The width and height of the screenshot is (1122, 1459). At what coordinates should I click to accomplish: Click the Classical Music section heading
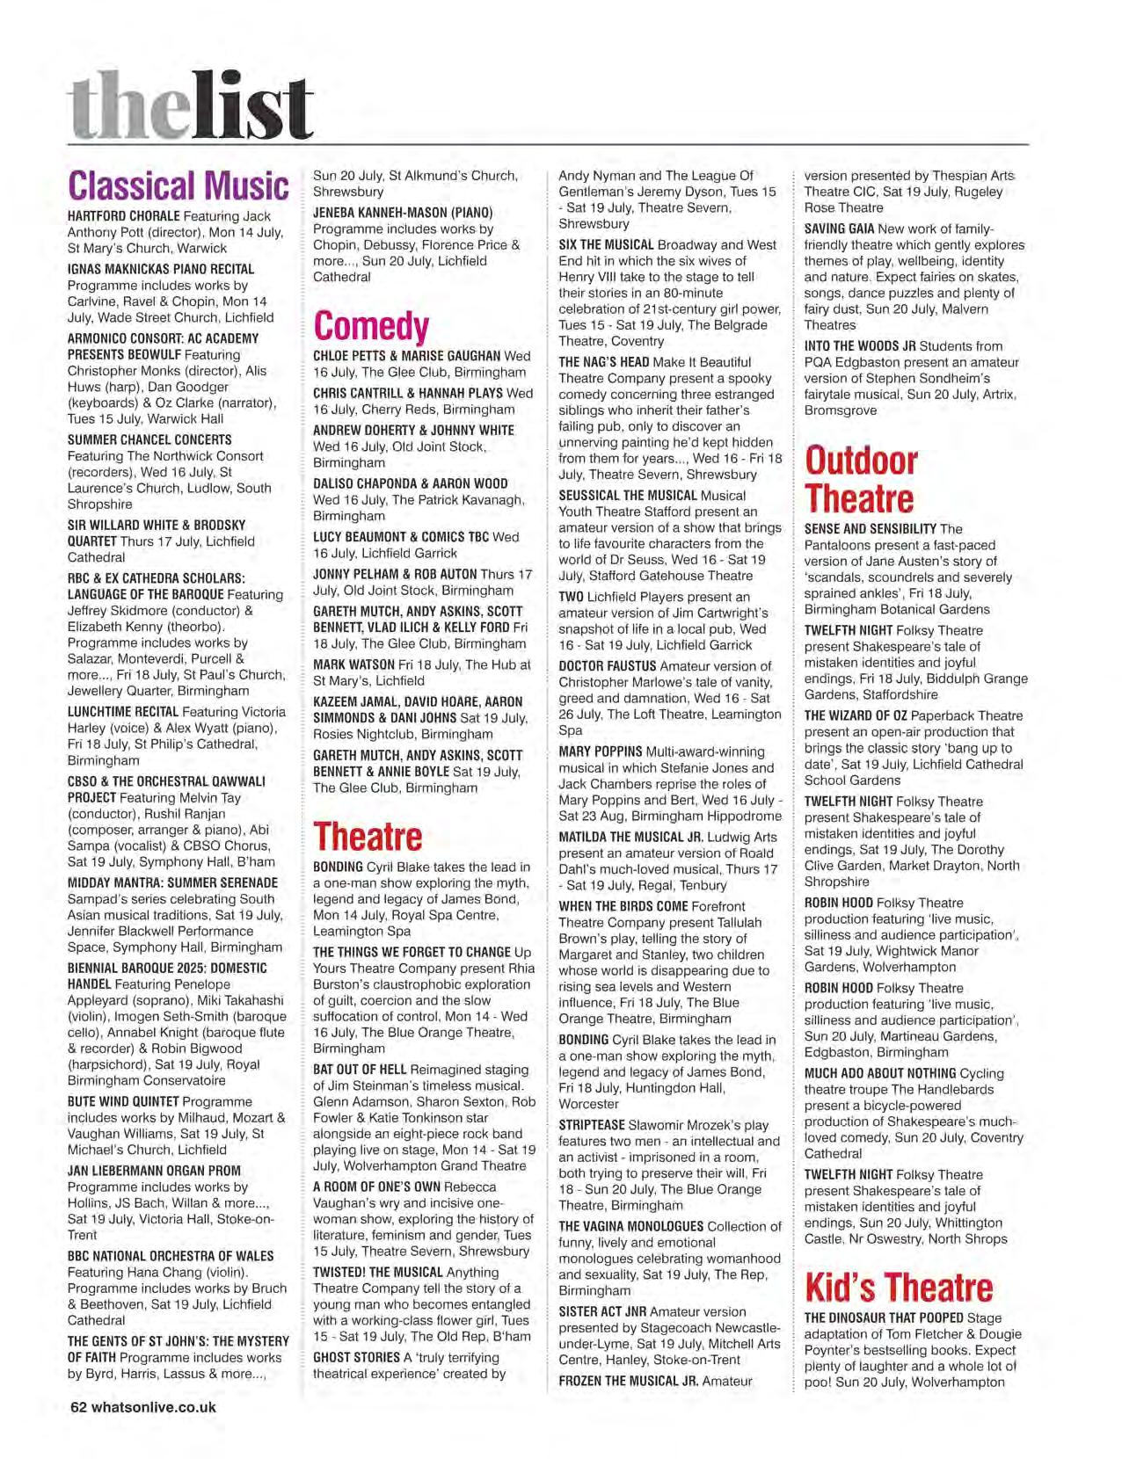click(178, 186)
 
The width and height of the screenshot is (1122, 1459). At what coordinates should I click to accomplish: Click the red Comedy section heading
click(371, 326)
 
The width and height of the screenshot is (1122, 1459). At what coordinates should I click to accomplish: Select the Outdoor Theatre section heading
click(861, 479)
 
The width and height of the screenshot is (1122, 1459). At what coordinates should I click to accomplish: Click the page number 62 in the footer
click(77, 1406)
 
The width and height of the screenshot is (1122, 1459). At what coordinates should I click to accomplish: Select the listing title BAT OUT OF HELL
click(359, 1070)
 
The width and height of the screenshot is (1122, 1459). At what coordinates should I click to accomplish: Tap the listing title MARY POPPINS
click(600, 751)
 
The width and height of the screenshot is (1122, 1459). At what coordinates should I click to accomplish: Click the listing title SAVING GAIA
click(839, 229)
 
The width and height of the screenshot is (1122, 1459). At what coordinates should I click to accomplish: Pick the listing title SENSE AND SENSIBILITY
click(871, 529)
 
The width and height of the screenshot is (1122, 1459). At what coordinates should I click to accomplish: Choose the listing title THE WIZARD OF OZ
click(856, 715)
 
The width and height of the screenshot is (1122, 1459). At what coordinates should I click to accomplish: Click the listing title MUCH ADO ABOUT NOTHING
click(879, 1073)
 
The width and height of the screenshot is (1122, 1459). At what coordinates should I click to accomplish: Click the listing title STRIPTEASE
click(592, 1125)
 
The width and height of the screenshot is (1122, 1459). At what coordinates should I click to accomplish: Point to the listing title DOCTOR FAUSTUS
click(607, 666)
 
